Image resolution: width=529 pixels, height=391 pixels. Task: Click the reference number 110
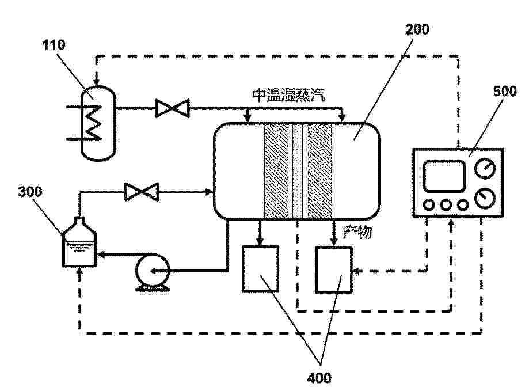click(x=54, y=45)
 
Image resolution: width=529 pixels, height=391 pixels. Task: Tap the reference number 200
click(x=417, y=29)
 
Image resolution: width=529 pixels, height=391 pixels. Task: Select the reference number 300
click(x=30, y=192)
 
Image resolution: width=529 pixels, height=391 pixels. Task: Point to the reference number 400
click(x=319, y=378)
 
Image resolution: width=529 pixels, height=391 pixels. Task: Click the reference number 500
click(x=505, y=91)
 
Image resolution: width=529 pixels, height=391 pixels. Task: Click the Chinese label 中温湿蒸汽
click(x=289, y=95)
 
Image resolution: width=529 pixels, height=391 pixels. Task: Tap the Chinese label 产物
click(x=357, y=232)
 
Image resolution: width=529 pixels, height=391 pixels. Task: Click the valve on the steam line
click(x=172, y=108)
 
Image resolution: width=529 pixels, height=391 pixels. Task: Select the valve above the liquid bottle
click(x=142, y=192)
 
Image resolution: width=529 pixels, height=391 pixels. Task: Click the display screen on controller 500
click(x=444, y=176)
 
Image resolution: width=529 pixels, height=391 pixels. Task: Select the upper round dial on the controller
click(x=485, y=168)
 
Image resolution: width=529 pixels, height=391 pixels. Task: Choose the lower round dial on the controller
click(x=485, y=198)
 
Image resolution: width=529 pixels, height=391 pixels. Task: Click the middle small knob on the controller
click(x=446, y=205)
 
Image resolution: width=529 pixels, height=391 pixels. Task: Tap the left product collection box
click(x=260, y=269)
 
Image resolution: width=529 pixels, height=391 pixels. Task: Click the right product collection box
click(x=334, y=269)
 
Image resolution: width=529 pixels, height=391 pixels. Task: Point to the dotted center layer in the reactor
click(x=297, y=172)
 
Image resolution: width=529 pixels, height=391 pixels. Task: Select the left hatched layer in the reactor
click(x=276, y=172)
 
